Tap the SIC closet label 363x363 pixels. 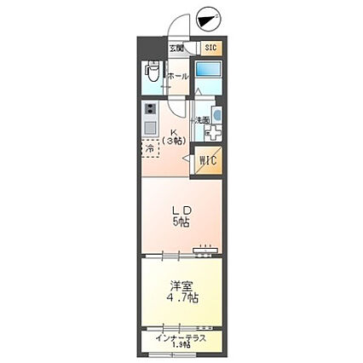(210, 49)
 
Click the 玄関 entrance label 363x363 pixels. (176, 49)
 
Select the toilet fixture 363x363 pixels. (151, 74)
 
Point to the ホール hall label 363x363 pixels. (178, 77)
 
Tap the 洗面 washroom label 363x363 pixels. (203, 119)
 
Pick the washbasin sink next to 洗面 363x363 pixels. (216, 115)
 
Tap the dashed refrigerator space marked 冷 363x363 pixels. (150, 148)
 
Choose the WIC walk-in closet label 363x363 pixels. (208, 158)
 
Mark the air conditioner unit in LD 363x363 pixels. (205, 250)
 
